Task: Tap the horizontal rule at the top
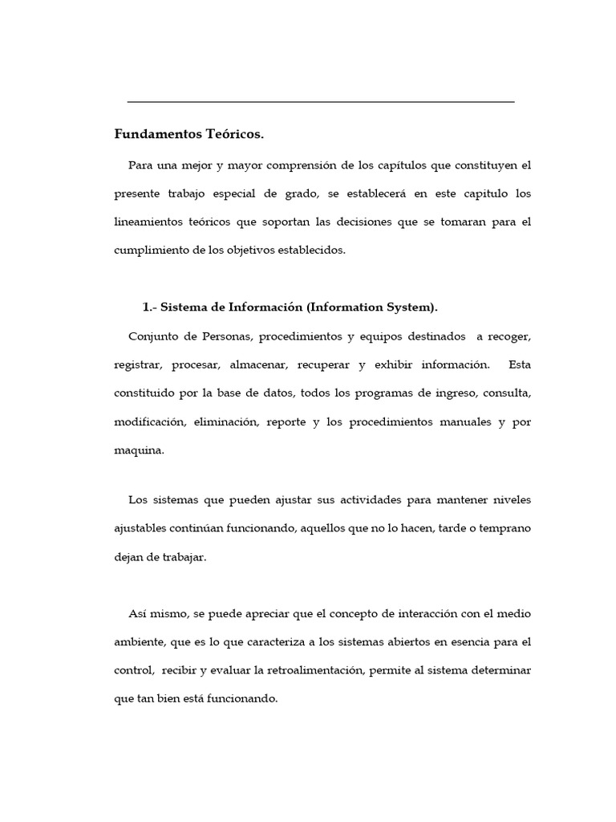(321, 102)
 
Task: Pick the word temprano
(504, 529)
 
